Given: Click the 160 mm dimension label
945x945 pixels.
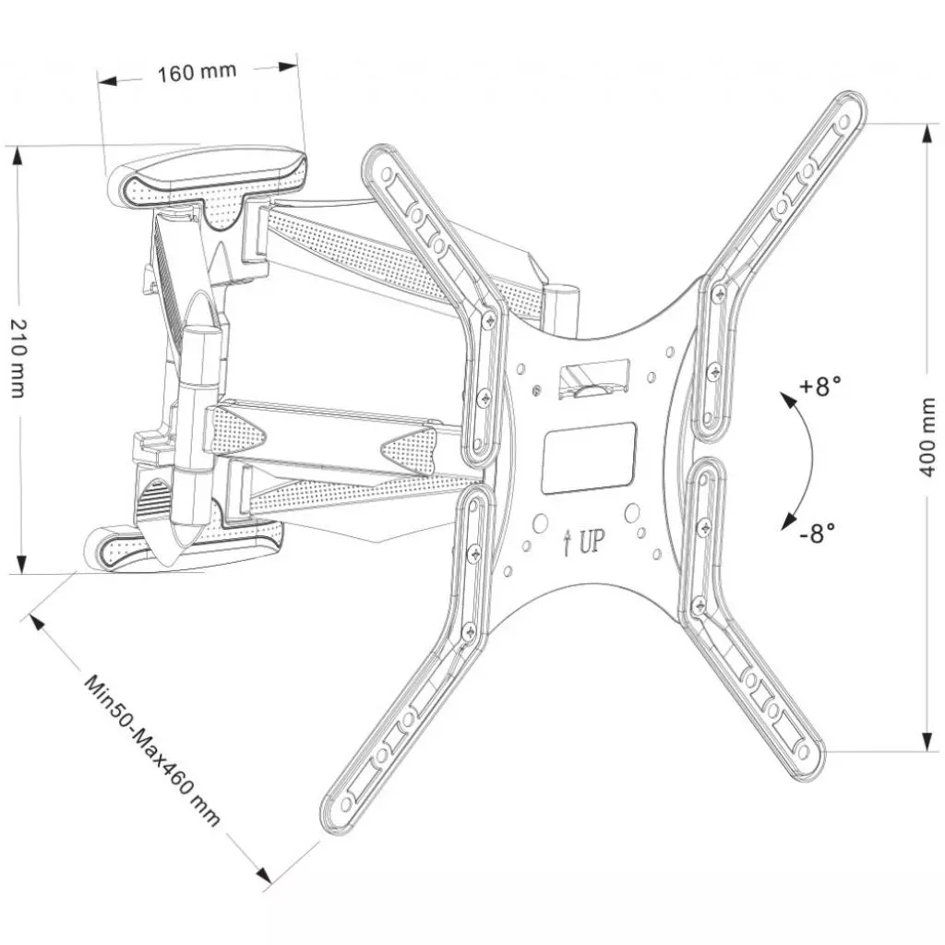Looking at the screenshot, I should click(x=196, y=72).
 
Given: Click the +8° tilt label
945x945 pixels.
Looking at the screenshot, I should click(x=819, y=386).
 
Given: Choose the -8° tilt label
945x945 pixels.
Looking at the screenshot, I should click(x=817, y=532).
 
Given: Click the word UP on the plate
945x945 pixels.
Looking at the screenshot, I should click(x=592, y=542).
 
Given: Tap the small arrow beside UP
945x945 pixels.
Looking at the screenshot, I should click(x=566, y=543).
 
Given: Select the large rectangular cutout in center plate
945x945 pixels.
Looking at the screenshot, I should click(x=588, y=458).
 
